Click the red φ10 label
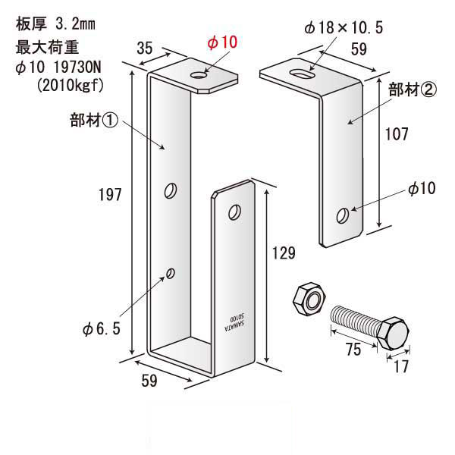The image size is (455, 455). [222, 42]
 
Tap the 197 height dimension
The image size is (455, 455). [111, 195]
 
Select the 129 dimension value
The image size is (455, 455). [284, 253]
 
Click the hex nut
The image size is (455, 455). [307, 297]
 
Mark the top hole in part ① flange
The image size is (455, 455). [200, 74]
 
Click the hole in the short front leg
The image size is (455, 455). [235, 210]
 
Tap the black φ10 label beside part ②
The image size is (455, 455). [421, 190]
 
